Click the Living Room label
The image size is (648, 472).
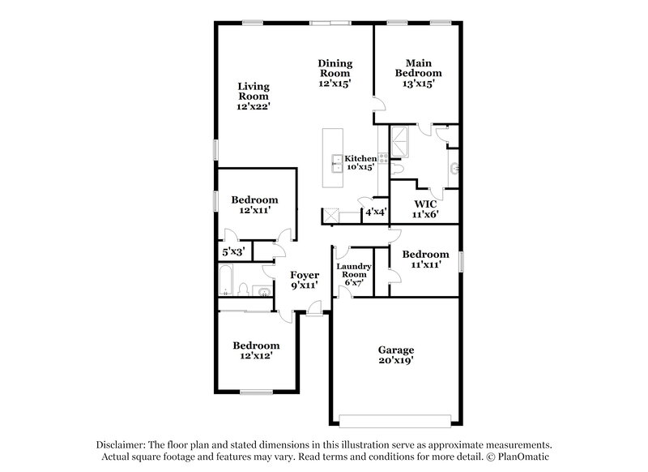(254, 96)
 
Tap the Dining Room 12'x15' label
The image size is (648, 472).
(334, 73)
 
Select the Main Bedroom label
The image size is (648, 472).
(418, 73)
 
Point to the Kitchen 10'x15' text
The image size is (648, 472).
(360, 163)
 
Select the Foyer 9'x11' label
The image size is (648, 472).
(305, 280)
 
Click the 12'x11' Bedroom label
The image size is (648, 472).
(254, 204)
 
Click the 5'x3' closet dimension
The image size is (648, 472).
(232, 253)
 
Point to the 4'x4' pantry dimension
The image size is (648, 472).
(375, 212)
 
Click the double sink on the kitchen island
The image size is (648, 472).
(335, 162)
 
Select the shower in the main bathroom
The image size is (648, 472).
(401, 143)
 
